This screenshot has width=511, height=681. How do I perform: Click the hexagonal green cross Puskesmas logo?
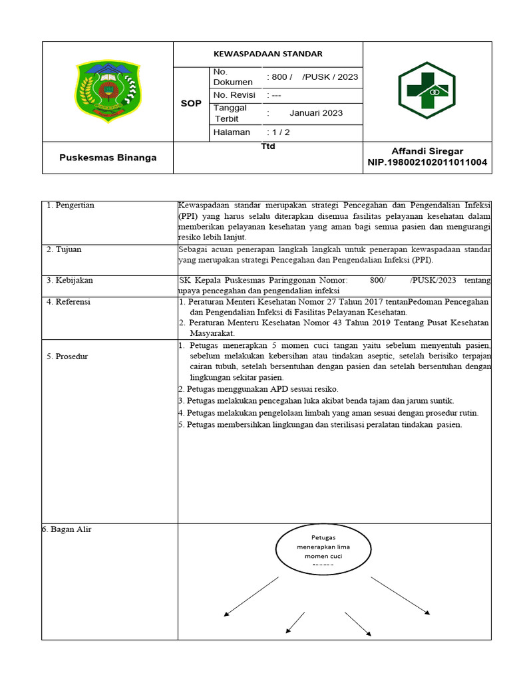point(426,90)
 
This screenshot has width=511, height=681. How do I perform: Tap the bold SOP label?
point(191,104)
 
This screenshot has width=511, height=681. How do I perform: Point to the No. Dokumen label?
point(233,76)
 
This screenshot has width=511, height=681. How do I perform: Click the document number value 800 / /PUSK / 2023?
point(312,76)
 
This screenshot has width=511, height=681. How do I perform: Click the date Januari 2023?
point(316,113)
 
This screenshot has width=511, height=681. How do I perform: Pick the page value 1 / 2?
point(279,132)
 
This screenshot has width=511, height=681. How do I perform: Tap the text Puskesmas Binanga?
point(108,158)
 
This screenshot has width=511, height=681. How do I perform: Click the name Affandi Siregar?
point(427,152)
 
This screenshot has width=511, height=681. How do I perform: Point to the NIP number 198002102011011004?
point(427,162)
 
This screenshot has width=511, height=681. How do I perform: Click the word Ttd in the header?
point(267,146)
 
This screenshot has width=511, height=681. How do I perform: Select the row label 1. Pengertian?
point(71,205)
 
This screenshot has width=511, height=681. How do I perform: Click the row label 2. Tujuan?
point(65,249)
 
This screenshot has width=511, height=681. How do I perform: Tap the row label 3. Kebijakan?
point(70,281)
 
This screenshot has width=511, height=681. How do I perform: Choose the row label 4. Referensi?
point(69,302)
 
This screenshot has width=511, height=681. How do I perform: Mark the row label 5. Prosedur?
point(67,356)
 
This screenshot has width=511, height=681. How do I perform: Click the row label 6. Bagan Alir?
point(67,529)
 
